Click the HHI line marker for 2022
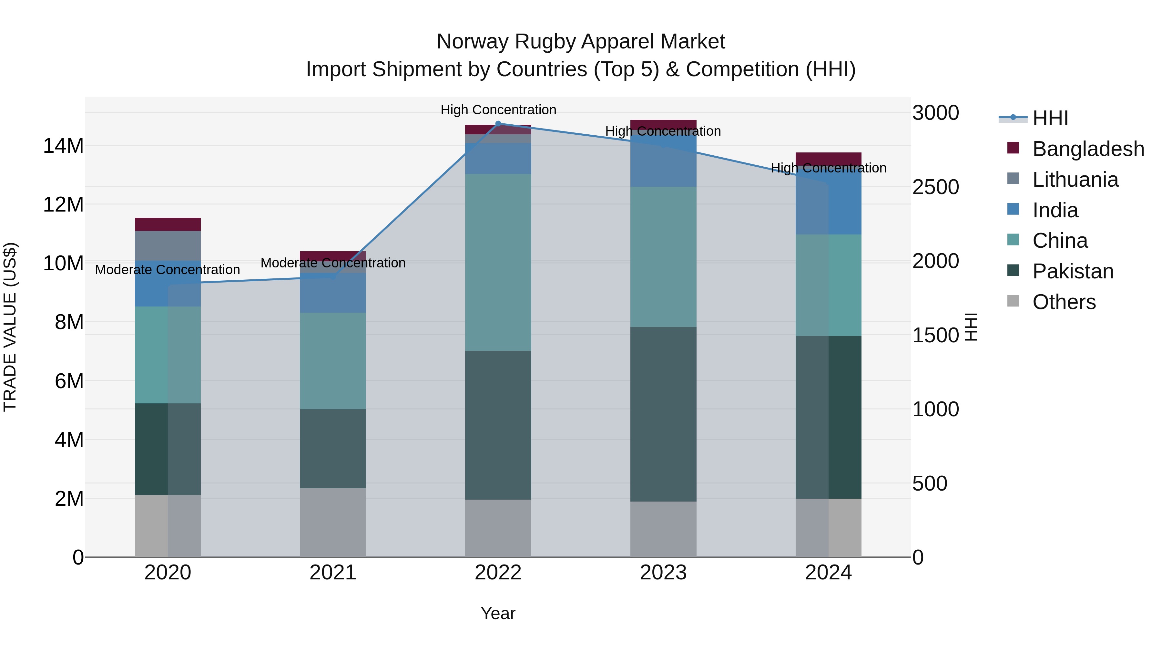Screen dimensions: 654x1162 coord(498,123)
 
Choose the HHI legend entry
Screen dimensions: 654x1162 coord(1050,118)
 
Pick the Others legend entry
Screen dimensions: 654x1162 coord(1064,302)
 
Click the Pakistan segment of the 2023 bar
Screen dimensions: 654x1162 coord(663,414)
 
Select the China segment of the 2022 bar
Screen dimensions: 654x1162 coord(498,262)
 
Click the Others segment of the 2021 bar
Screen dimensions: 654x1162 coord(333,522)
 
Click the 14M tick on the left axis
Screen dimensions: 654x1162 coord(63,146)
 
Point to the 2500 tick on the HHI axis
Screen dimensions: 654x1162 coord(935,187)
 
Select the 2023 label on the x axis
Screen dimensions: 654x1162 coord(663,573)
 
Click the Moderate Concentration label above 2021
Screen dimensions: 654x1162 coord(333,263)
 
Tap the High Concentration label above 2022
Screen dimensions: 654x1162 coord(498,110)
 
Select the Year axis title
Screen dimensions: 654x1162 coord(498,613)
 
